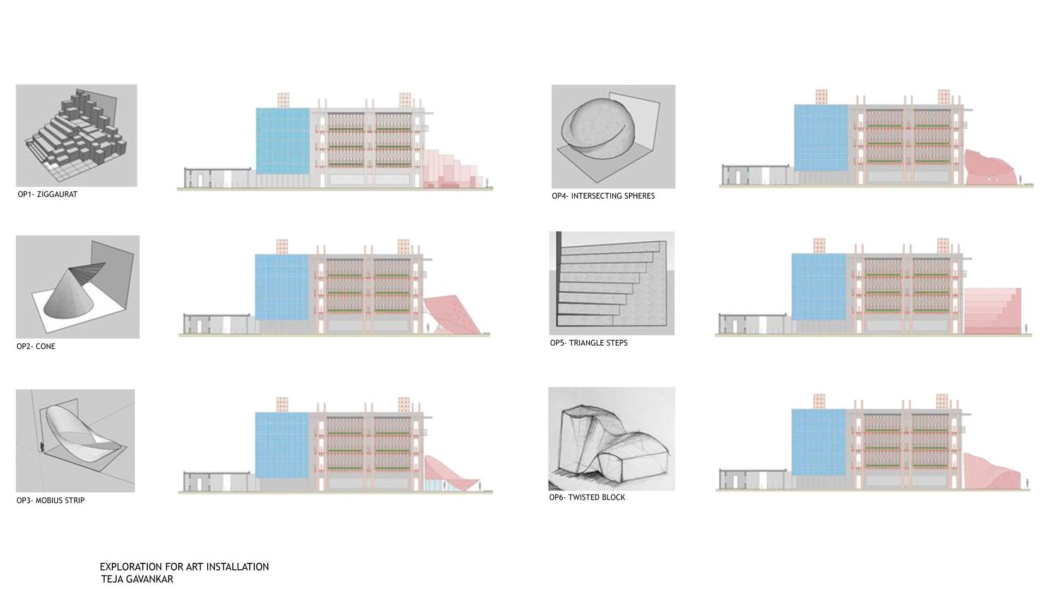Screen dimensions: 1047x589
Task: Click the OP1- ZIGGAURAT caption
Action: [x=47, y=194]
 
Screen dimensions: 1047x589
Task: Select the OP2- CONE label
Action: [x=36, y=347]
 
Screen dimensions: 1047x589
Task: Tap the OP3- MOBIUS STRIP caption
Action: [x=51, y=501]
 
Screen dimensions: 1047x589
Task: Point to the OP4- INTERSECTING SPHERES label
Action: [x=603, y=196]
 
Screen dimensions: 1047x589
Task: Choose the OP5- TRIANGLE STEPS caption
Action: [x=589, y=343]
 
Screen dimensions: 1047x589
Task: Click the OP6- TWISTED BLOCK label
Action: [x=587, y=497]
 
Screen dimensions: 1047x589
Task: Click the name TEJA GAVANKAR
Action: [x=137, y=579]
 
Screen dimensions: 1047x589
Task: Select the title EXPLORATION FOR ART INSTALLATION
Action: [x=184, y=567]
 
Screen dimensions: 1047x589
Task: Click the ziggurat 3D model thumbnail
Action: [x=76, y=135]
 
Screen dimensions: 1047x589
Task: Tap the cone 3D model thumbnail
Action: [x=77, y=287]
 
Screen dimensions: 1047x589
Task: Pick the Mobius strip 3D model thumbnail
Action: [x=75, y=441]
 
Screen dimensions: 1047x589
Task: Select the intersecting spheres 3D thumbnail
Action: [x=613, y=136]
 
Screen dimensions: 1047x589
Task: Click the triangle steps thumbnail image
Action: [x=612, y=283]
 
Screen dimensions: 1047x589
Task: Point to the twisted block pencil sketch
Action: [x=612, y=439]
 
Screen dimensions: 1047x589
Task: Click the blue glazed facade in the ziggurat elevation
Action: [x=282, y=141]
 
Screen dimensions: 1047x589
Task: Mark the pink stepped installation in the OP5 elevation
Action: [x=992, y=311]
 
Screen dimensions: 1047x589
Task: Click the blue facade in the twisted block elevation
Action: [x=817, y=443]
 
